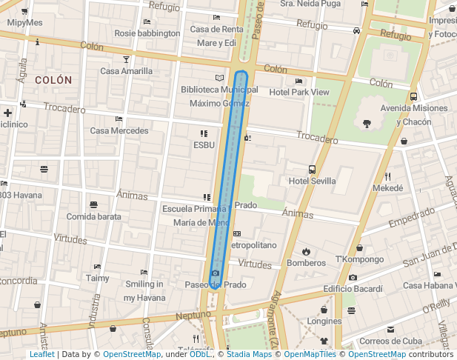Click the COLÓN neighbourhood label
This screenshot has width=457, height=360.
coord(53,79)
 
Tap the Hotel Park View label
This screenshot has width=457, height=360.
coord(298,92)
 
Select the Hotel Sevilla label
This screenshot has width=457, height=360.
coord(312,181)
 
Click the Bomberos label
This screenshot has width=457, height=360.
coord(306,262)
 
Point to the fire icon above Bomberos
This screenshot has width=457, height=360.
coord(306,251)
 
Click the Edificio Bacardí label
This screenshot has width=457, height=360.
coord(353,288)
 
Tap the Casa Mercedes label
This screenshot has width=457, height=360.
coord(119,130)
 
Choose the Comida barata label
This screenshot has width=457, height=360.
coord(93,216)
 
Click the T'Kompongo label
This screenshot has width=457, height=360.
coord(359,259)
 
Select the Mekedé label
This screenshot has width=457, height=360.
coord(387,188)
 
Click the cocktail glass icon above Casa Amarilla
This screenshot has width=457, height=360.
coord(126,59)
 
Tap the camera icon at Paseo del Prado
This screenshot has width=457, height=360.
coord(215,273)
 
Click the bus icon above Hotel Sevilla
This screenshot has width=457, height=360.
coord(312,170)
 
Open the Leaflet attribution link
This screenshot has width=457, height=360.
coord(41,354)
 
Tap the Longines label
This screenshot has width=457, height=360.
coord(324,321)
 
